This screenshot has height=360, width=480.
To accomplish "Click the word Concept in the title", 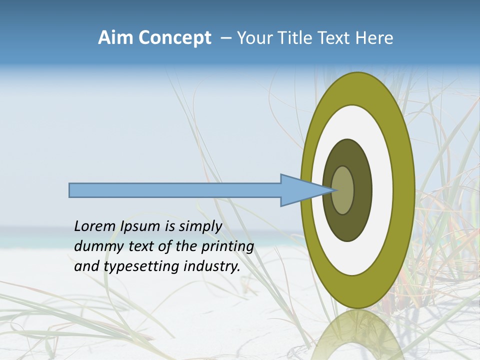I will (x=174, y=38).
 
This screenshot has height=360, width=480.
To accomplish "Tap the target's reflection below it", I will (x=357, y=335).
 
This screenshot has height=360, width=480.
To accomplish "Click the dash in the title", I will (x=225, y=38).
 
